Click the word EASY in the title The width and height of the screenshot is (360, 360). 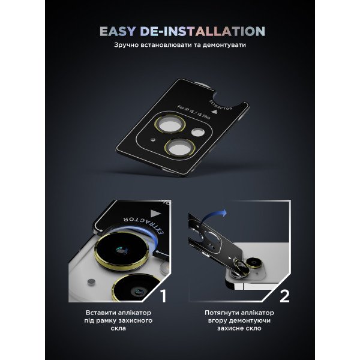[x=118, y=31]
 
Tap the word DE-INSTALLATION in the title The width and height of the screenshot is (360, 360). [x=203, y=31]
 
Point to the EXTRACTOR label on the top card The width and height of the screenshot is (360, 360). [x=220, y=106]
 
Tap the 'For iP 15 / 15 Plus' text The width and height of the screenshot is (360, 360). [x=194, y=112]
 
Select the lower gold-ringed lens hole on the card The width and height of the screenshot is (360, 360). [x=180, y=148]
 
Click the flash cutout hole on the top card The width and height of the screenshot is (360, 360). [x=198, y=132]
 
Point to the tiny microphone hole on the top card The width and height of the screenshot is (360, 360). [x=152, y=139]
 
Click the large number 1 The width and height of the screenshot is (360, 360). [x=163, y=296]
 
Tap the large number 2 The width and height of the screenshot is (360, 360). [x=284, y=296]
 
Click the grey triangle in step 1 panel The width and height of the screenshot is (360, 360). [x=156, y=213]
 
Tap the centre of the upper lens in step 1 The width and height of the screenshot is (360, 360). [x=121, y=250]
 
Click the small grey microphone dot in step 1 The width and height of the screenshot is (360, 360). [x=91, y=282]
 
